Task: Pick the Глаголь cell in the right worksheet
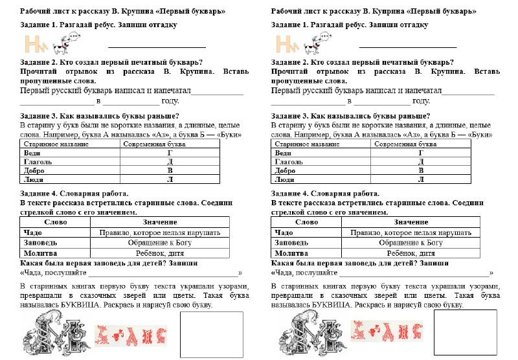click(289, 162)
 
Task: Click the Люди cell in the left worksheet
click(32, 179)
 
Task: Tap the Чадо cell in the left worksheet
click(32, 232)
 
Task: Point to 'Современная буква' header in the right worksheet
click(403, 144)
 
